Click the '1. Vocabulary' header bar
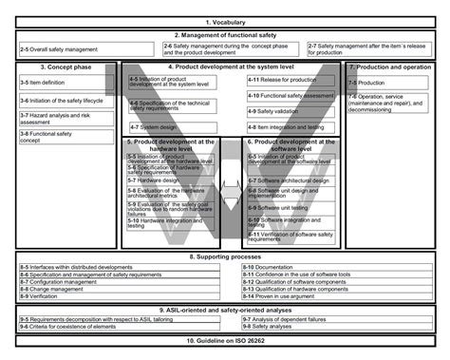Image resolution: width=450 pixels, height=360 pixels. click(224, 21)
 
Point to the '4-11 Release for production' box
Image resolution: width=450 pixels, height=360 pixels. click(291, 81)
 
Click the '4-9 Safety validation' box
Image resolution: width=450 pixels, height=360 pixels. click(291, 111)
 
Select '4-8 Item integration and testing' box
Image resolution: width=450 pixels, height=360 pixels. click(291, 126)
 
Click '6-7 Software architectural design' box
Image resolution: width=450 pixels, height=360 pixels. click(291, 180)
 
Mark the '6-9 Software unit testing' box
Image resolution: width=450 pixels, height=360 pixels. click(291, 206)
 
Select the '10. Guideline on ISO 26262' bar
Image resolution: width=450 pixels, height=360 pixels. click(224, 340)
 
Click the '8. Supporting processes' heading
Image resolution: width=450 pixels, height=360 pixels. click(224, 256)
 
